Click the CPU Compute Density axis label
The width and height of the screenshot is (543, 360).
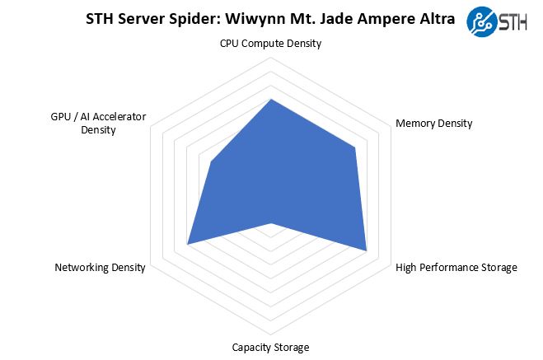pos(270,43)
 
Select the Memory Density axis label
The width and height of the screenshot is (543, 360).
pos(433,124)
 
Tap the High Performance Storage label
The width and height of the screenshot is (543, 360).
pos(456,267)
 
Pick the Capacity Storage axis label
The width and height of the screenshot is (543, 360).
pos(270,347)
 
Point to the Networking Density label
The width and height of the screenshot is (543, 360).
pos(100,267)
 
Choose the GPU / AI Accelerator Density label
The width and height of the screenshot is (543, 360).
pos(98,124)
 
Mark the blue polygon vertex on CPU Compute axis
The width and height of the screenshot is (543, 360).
pos(271,100)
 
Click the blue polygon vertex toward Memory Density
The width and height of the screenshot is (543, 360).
pos(355,148)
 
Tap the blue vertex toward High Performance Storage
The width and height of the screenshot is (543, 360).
pos(366,250)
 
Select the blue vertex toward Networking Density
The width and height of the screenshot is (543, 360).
pos(188,244)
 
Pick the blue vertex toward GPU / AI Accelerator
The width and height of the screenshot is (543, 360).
pos(213,162)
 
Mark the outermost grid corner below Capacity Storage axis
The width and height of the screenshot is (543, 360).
pos(271,334)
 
